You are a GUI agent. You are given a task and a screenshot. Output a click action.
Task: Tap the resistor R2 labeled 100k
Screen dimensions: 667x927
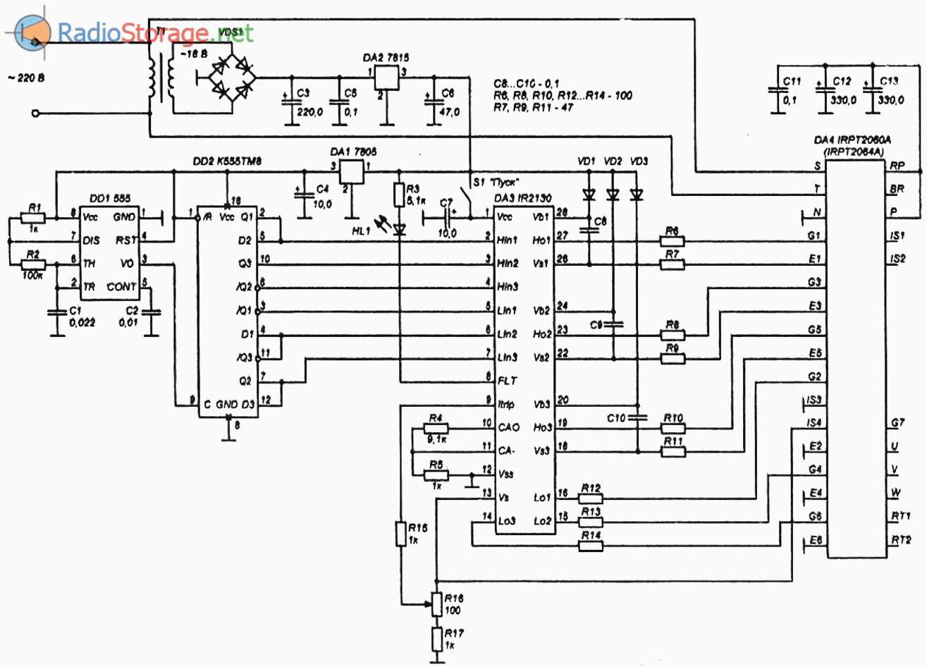[34, 264]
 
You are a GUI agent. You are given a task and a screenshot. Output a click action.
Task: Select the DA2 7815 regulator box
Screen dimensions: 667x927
[386, 77]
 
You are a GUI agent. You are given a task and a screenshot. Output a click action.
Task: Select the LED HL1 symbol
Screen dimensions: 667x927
[399, 227]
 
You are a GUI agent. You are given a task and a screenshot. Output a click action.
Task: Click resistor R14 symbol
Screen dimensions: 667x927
[591, 545]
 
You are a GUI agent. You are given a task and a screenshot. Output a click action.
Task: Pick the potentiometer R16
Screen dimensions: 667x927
[437, 604]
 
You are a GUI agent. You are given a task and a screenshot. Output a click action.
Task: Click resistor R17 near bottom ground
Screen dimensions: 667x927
[437, 640]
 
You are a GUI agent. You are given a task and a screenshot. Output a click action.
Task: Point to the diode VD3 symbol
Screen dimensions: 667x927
[637, 195]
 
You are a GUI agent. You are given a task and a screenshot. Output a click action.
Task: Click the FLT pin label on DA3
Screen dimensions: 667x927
[507, 381]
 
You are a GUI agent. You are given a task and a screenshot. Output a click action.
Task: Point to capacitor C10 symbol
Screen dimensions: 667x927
[637, 417]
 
